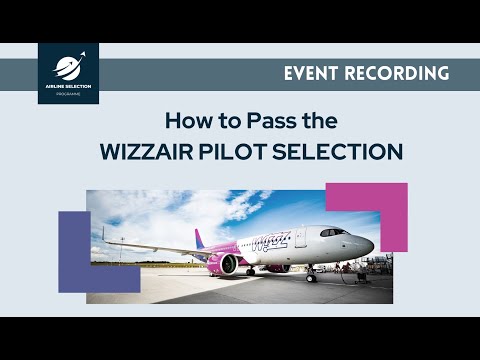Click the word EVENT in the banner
317,73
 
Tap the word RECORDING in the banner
400,73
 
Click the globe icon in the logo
67,68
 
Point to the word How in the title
187,122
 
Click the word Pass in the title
257,122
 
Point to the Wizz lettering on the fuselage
270,241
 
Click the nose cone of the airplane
369,244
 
